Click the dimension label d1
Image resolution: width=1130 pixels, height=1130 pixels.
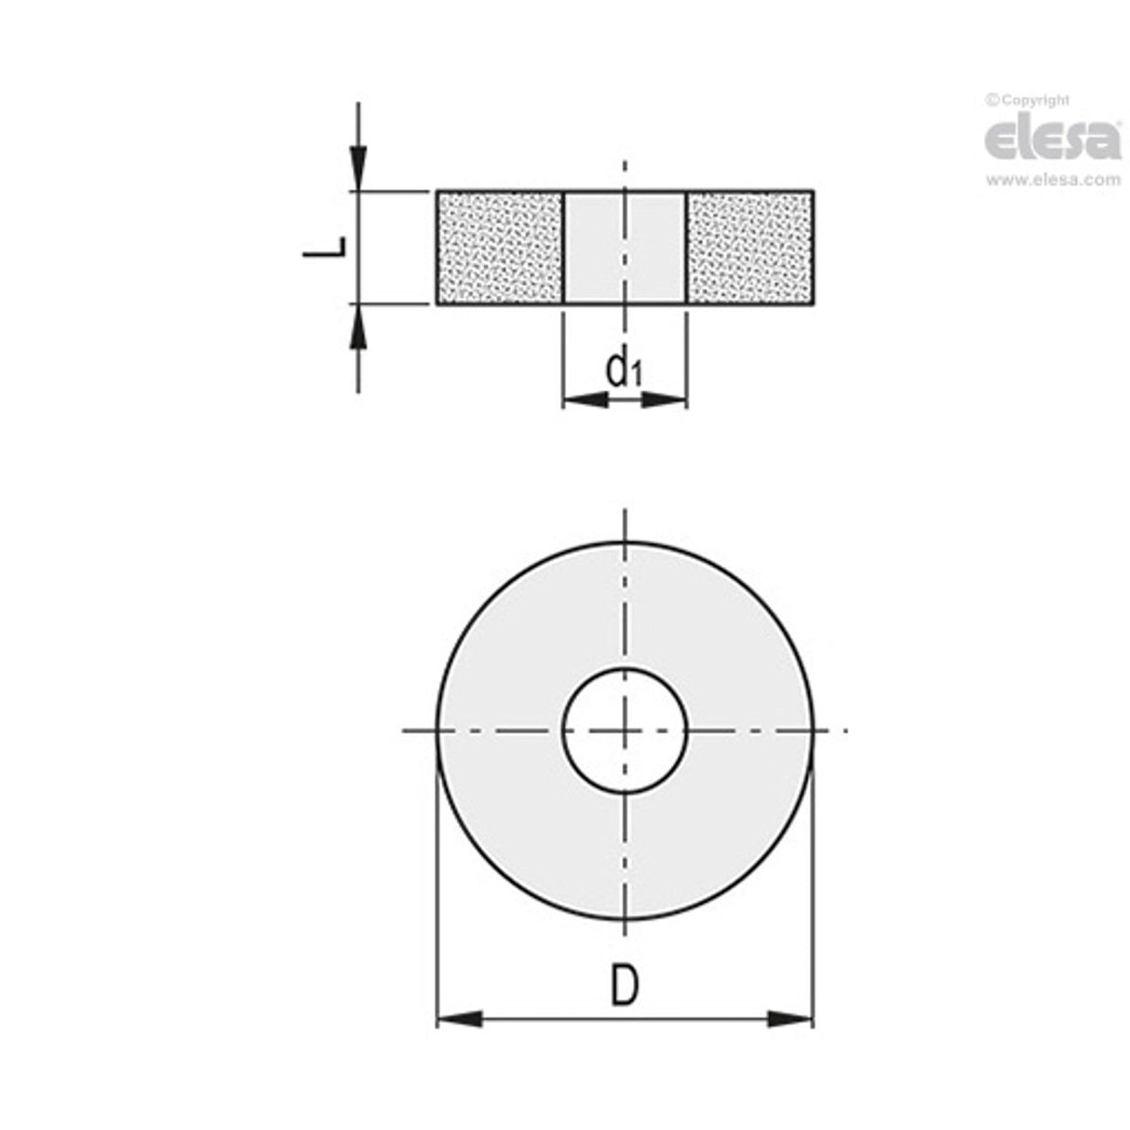(x=624, y=370)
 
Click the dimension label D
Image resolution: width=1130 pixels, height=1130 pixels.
(x=625, y=986)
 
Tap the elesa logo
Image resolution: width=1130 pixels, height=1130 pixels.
(x=1053, y=139)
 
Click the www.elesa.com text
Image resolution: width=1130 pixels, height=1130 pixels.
(x=1053, y=181)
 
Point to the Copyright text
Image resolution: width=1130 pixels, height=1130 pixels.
(x=1028, y=101)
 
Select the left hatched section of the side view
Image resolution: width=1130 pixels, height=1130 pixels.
(x=500, y=248)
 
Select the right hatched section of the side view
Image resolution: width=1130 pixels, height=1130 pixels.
(x=750, y=248)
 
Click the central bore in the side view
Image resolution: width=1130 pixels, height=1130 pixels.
(x=625, y=248)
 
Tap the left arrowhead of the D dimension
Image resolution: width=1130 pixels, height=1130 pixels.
(x=459, y=1019)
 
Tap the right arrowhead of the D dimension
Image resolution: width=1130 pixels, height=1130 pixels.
(x=790, y=1019)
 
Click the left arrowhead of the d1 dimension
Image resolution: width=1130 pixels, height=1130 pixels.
(x=585, y=400)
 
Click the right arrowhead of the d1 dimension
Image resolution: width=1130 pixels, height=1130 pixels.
(x=665, y=400)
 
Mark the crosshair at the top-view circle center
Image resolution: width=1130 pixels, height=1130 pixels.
(x=625, y=731)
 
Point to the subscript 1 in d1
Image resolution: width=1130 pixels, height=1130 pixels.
(x=636, y=375)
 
